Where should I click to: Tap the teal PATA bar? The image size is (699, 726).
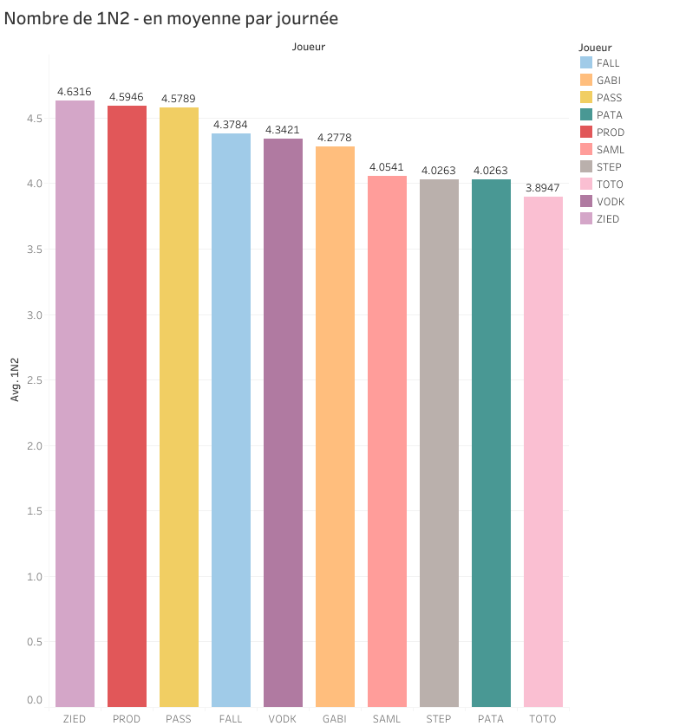[491, 443]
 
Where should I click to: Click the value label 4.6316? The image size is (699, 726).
[75, 91]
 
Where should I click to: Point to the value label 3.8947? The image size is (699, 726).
[543, 187]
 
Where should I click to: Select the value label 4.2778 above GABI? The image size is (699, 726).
[335, 138]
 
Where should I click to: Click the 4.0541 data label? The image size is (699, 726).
[387, 166]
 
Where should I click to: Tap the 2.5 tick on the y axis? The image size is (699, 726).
[33, 380]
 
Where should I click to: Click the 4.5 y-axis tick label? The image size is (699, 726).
[33, 119]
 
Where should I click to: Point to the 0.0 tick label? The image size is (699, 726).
[33, 699]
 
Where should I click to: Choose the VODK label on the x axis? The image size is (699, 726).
[283, 719]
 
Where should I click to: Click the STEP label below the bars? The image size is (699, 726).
[439, 719]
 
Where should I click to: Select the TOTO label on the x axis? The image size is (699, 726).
[543, 719]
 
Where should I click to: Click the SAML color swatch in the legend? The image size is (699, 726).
[585, 150]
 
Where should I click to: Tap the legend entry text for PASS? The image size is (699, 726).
[609, 98]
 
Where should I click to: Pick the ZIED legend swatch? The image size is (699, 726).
[585, 219]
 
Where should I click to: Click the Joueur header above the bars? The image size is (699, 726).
[309, 47]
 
